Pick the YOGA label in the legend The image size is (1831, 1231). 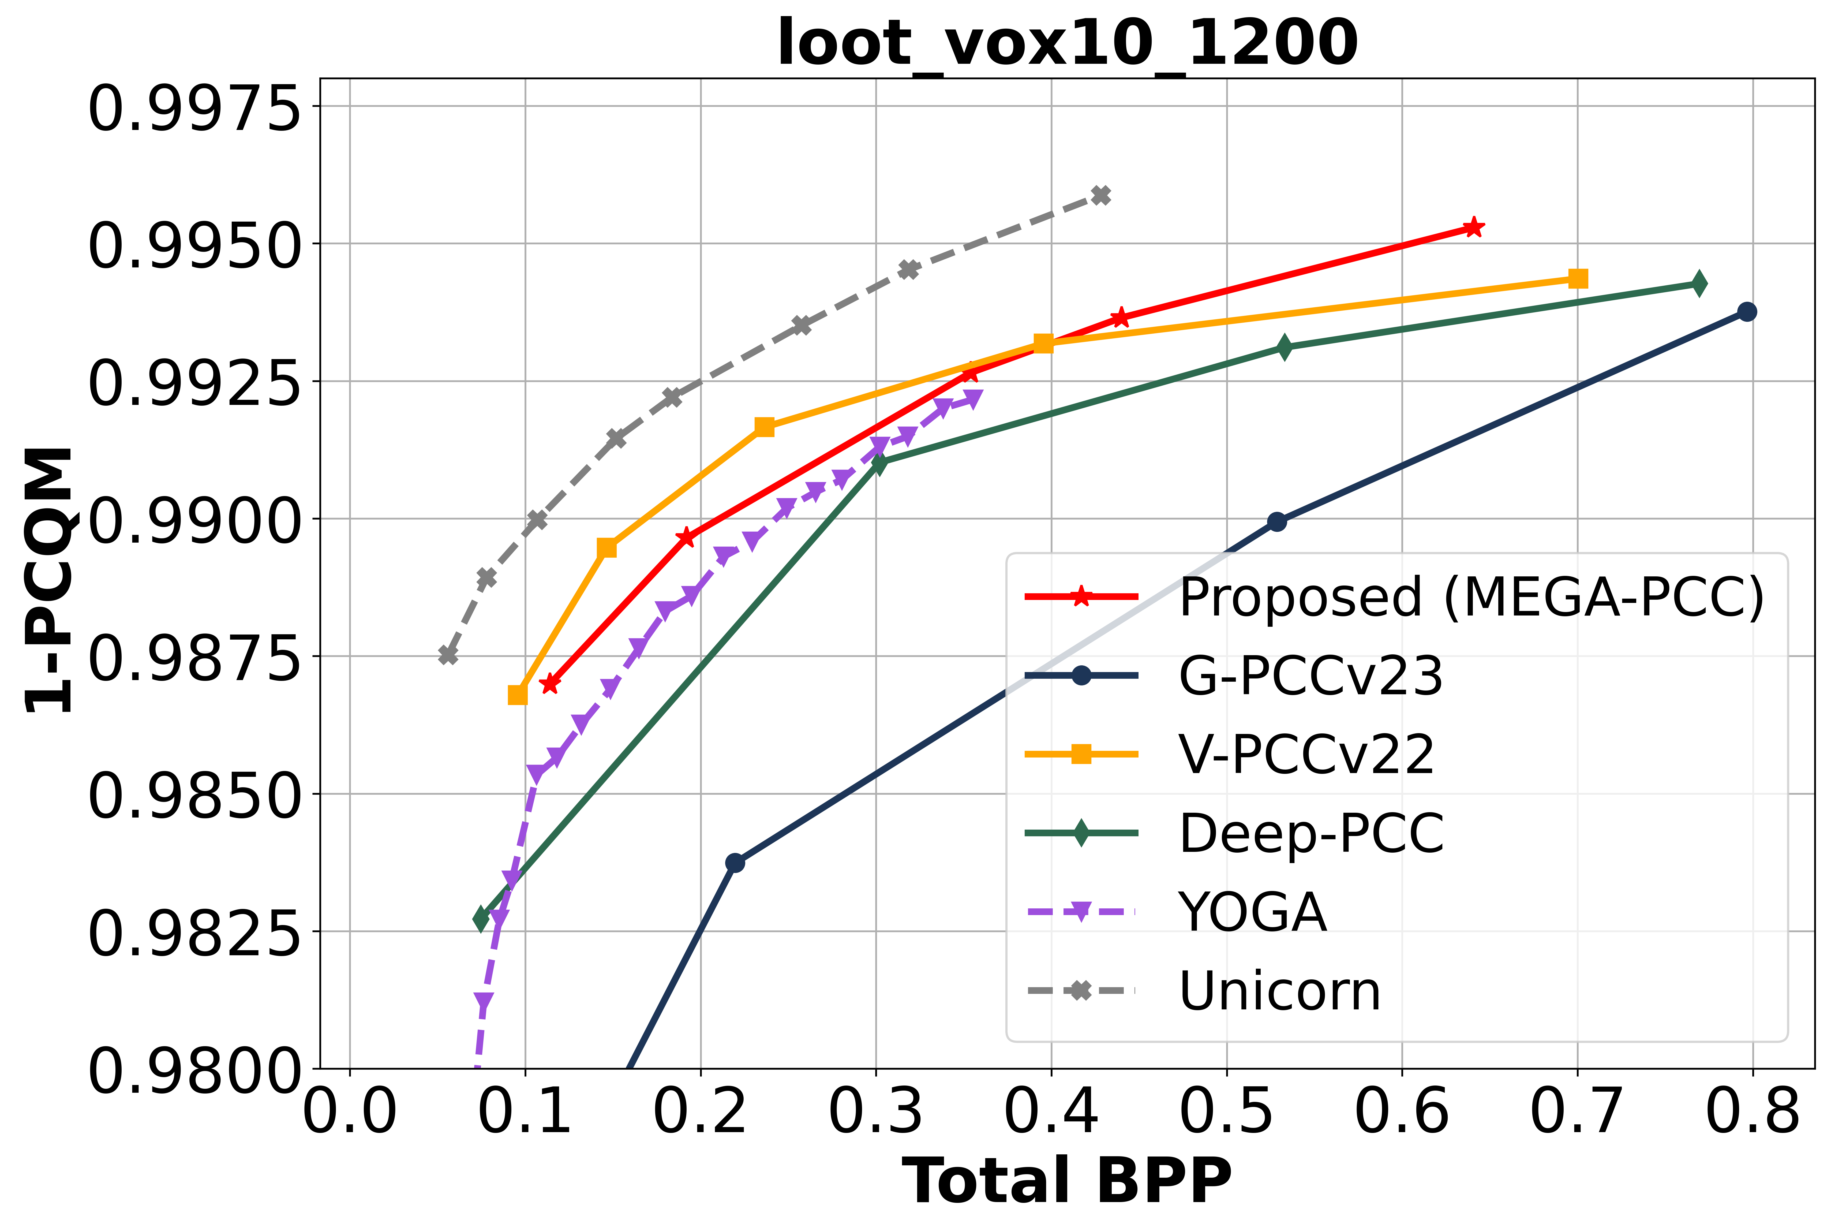[x=1253, y=912]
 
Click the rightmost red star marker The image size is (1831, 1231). [x=1474, y=228]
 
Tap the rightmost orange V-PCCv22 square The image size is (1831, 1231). [x=1578, y=279]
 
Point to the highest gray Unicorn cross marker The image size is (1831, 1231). [x=1101, y=195]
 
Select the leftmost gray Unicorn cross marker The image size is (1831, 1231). [x=447, y=654]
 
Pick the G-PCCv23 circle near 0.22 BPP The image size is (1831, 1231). [x=735, y=863]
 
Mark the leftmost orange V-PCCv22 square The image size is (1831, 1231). [x=517, y=695]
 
